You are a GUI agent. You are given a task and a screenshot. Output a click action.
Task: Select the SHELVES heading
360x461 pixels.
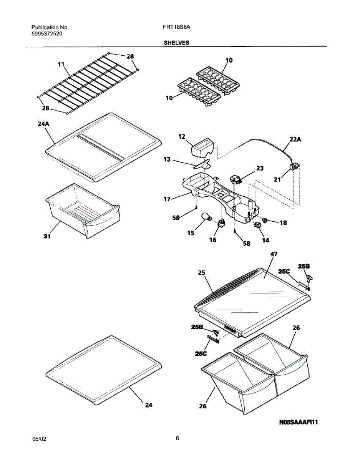[177, 43]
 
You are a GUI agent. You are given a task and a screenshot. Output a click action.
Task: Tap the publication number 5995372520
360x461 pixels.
[47, 34]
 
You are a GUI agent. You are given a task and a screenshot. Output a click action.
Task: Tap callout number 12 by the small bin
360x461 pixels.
[182, 136]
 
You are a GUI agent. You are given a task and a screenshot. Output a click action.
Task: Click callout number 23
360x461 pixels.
[260, 168]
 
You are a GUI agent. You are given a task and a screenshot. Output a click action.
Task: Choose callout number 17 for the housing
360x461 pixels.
[166, 199]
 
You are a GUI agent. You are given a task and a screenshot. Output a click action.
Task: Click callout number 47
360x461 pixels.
[274, 254]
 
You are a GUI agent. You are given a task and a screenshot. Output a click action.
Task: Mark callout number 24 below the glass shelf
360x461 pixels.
[149, 405]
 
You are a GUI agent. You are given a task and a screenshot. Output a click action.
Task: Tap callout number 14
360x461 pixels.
[265, 240]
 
